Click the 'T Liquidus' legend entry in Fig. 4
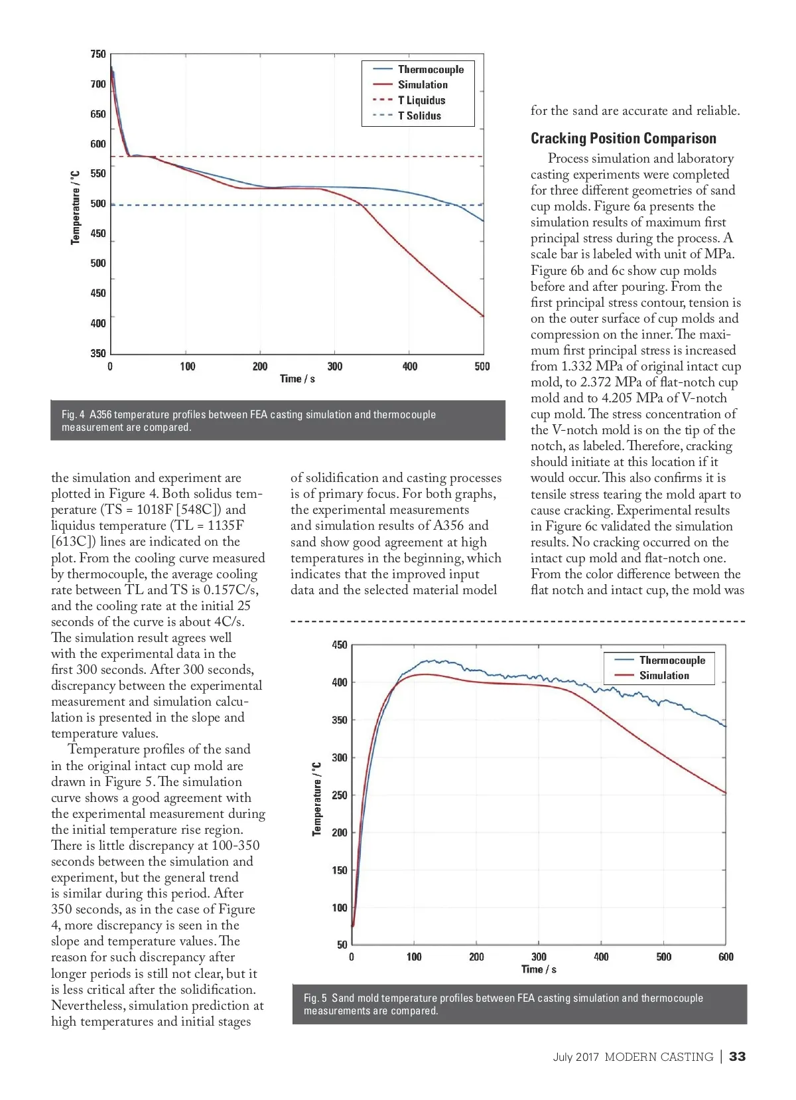coord(421,100)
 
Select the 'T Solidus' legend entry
coord(419,116)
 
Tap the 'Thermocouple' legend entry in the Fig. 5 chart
coord(672,660)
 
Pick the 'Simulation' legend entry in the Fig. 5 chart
coord(664,675)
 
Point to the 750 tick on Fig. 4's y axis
coord(98,54)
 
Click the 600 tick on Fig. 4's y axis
coord(98,144)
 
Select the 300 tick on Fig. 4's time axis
coord(335,366)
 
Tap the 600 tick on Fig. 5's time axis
coord(726,957)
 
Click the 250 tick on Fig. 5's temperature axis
coord(340,795)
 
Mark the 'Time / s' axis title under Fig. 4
coord(297,378)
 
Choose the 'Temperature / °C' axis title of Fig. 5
coord(317,799)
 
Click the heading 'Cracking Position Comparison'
coord(623,138)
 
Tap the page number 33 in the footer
coord(737,1057)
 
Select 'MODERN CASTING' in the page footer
coord(659,1057)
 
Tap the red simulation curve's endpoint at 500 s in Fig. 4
coord(483,316)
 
